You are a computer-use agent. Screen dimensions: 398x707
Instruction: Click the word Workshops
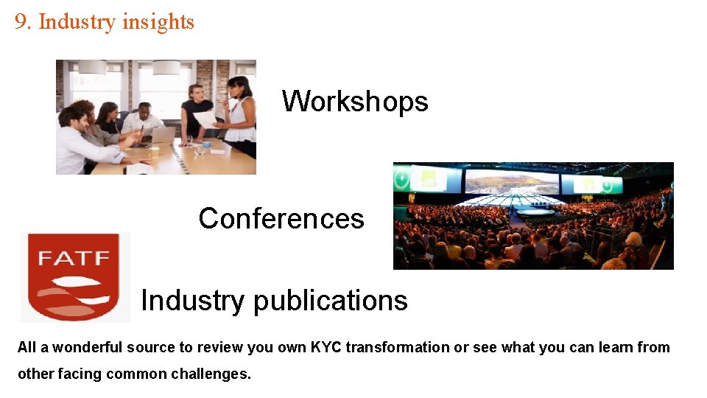354,101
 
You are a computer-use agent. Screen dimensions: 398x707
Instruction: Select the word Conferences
281,218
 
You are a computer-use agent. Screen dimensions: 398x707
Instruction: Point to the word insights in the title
158,22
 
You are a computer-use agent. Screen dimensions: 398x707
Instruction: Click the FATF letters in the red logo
74,259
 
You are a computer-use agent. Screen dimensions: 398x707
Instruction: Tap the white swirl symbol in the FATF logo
74,291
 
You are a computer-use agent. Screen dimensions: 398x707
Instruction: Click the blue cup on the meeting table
207,144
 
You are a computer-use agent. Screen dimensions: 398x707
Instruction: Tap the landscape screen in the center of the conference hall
511,181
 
